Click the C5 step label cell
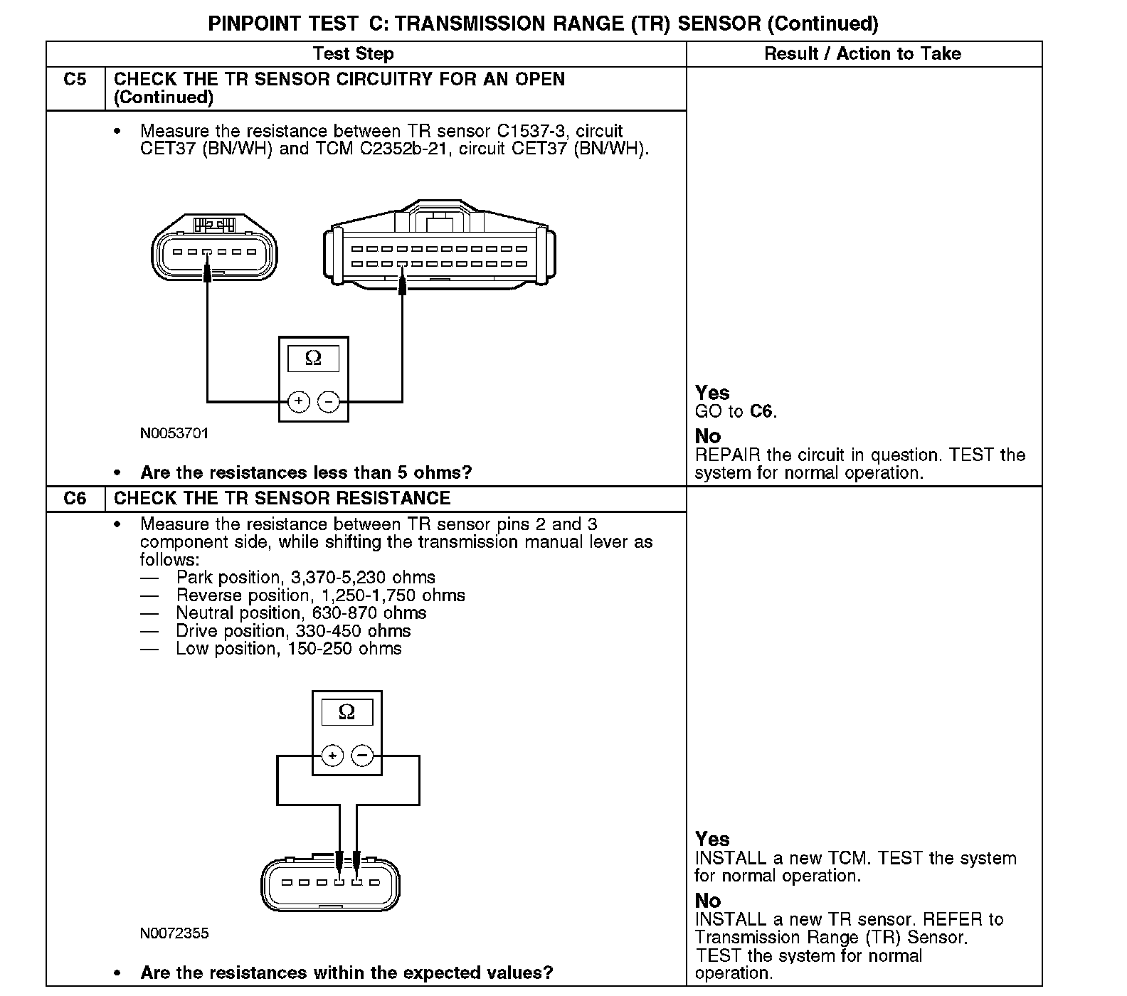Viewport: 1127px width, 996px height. (x=75, y=80)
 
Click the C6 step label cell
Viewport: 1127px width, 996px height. (x=75, y=498)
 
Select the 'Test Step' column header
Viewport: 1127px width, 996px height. (x=353, y=54)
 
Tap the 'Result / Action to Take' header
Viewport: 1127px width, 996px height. (x=862, y=54)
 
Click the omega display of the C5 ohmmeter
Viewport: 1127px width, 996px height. (x=313, y=359)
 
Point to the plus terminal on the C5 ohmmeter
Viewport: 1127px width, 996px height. (x=299, y=402)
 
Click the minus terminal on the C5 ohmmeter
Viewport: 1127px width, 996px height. (x=329, y=402)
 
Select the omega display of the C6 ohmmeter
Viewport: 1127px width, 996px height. (x=346, y=711)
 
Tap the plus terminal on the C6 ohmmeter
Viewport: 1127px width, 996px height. (x=332, y=755)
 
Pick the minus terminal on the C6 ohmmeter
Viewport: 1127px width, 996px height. (x=363, y=755)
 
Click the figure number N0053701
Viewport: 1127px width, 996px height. (x=174, y=433)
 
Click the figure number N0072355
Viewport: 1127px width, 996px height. (x=174, y=933)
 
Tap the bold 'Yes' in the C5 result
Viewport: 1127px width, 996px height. (x=712, y=393)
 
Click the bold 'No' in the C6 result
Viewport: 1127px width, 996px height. (x=708, y=901)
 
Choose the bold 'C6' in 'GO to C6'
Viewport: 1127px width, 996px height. (x=761, y=412)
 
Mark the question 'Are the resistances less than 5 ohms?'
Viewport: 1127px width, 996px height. (x=306, y=473)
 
